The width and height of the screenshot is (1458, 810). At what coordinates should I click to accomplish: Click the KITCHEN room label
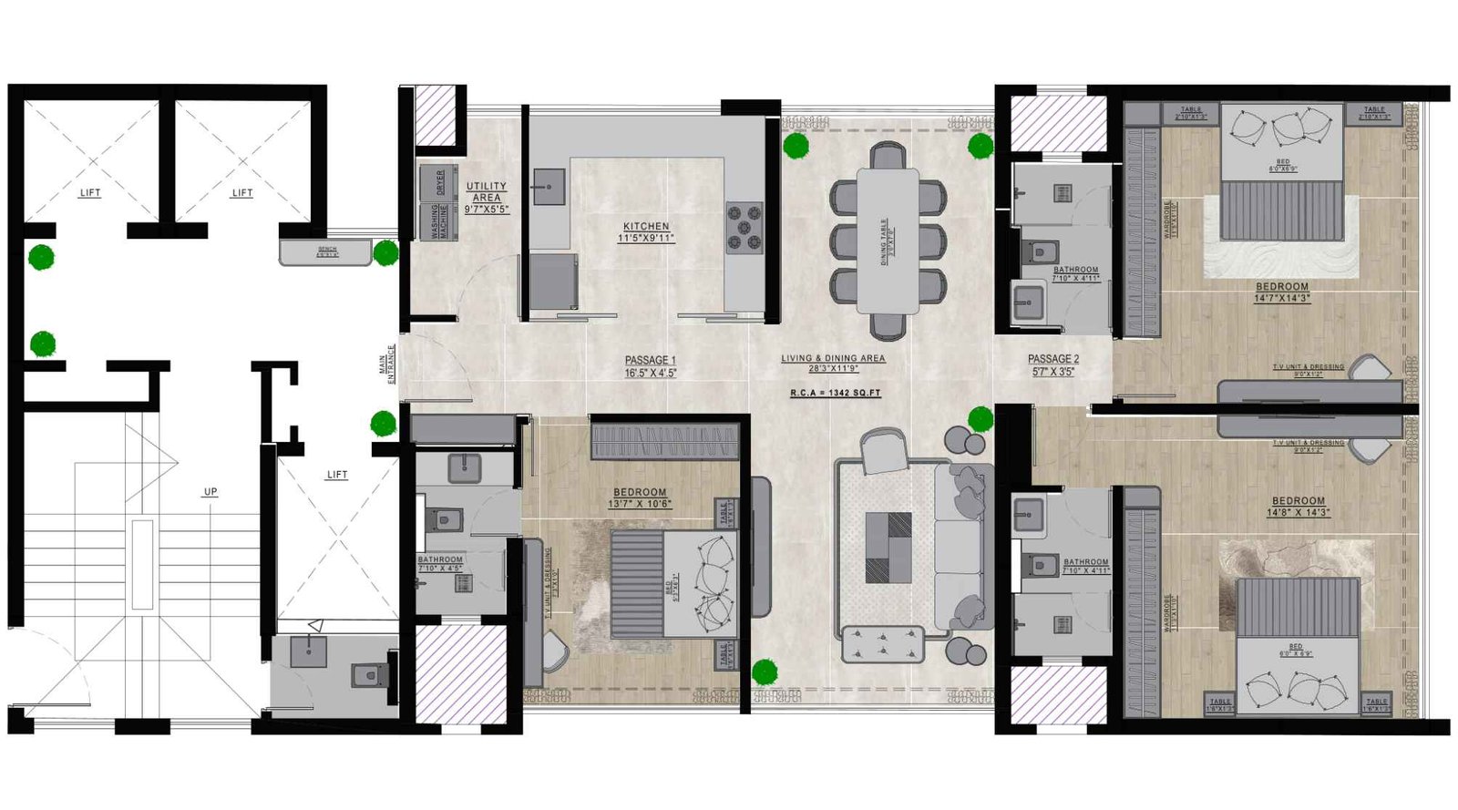pos(646,227)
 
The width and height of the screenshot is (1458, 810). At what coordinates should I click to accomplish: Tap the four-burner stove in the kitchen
pos(744,228)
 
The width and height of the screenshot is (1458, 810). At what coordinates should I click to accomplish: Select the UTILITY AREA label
pos(487,192)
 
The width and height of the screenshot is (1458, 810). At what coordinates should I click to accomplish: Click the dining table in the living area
pos(887,241)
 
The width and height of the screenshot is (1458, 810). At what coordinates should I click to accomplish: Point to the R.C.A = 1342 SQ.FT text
pos(835,393)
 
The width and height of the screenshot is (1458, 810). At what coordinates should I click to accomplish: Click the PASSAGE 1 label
pos(650,361)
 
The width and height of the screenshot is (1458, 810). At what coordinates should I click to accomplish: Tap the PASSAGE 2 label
pos(1052,360)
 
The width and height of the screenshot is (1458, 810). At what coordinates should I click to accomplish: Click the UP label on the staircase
pos(210,492)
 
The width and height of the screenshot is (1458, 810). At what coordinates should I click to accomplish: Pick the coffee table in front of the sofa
pos(888,547)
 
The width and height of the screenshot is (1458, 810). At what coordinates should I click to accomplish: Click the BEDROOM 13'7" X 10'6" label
pos(639,493)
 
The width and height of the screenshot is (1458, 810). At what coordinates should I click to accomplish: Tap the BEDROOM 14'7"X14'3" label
pos(1281,287)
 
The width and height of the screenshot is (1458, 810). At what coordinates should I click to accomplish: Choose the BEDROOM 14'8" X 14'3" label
pos(1298,501)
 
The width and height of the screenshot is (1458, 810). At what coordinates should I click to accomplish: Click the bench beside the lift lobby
pos(325,251)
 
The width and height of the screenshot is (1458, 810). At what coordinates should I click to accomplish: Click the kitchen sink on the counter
pos(549,187)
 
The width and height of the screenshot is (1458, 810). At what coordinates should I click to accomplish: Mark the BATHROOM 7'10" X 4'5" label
pos(440,560)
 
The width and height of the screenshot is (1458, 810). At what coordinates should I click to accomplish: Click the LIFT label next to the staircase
pos(336,475)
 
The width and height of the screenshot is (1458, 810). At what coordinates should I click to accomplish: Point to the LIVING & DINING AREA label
pos(832,359)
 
